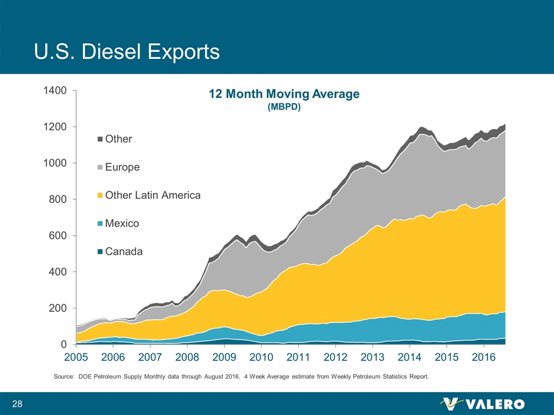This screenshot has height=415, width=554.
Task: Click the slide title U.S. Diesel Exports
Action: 126,51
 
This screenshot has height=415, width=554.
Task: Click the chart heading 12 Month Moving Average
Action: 284,94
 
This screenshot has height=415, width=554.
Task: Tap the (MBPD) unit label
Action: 284,107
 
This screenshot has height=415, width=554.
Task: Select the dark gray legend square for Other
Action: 100,139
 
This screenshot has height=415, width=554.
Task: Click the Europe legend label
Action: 122,167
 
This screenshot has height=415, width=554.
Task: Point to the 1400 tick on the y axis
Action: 57,90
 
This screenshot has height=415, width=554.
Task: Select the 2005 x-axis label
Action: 76,358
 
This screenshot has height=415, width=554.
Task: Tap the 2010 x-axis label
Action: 261,358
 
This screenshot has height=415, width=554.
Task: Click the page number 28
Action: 17,403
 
